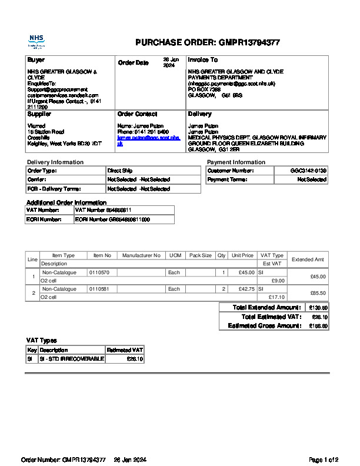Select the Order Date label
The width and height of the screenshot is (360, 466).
pyautogui.click(x=134, y=63)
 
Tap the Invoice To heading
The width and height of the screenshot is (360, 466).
pyautogui.click(x=202, y=60)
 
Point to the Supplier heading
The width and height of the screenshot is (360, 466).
pyautogui.click(x=39, y=114)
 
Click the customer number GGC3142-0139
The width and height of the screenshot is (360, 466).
pyautogui.click(x=308, y=171)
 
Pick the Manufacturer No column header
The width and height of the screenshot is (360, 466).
pyautogui.click(x=141, y=256)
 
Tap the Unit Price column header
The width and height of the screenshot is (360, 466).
pyautogui.click(x=242, y=256)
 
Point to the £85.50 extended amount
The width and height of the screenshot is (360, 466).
pyautogui.click(x=318, y=293)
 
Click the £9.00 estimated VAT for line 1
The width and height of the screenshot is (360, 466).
pyautogui.click(x=278, y=281)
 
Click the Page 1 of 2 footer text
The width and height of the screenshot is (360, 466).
pyautogui.click(x=324, y=460)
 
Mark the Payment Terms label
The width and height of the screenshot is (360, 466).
pyautogui.click(x=226, y=180)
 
